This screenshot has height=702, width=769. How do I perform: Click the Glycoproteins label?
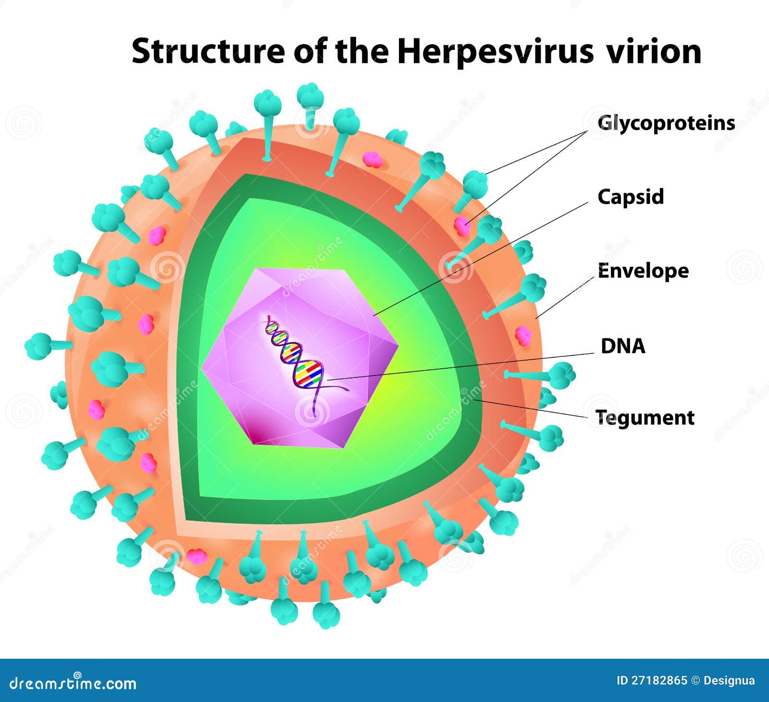[666, 123]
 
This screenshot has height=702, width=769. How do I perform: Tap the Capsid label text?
[631, 197]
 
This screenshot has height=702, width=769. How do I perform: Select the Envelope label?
[643, 271]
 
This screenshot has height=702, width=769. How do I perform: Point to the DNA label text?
[623, 346]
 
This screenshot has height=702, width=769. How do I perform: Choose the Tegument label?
[645, 417]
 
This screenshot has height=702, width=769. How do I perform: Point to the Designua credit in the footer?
[729, 681]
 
